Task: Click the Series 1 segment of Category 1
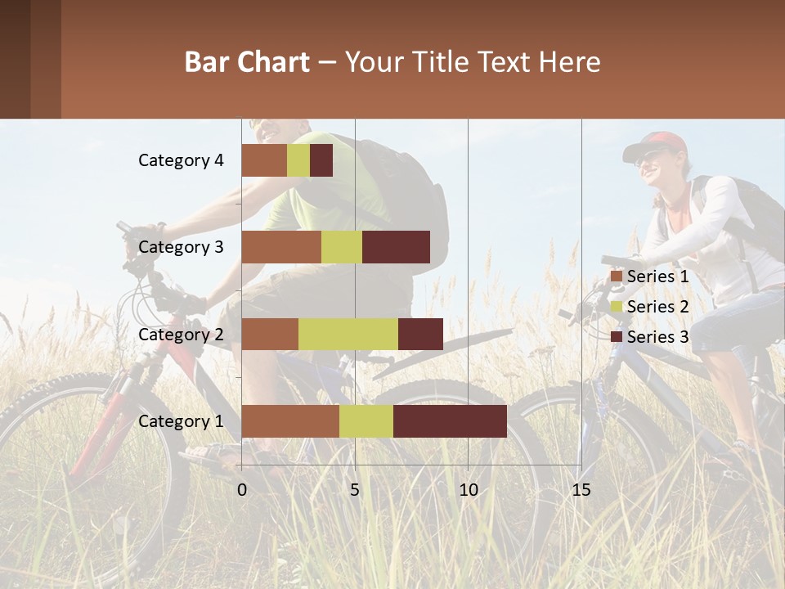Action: [290, 421]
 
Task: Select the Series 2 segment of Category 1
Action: [366, 421]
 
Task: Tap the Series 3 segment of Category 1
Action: [450, 421]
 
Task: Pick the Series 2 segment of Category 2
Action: [348, 335]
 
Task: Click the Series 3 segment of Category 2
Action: [420, 335]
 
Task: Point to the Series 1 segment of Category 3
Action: [281, 247]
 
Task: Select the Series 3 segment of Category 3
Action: [396, 247]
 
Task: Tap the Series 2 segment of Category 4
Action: [298, 160]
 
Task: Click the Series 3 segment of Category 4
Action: [321, 160]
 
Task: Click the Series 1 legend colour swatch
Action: [617, 277]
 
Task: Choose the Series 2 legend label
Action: [657, 307]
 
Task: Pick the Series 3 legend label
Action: [657, 337]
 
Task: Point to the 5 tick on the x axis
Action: [355, 490]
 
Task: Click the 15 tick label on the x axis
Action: [581, 490]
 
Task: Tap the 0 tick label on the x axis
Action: [242, 490]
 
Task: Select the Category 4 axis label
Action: [181, 160]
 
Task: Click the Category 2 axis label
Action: [181, 335]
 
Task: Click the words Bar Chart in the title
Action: [247, 61]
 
